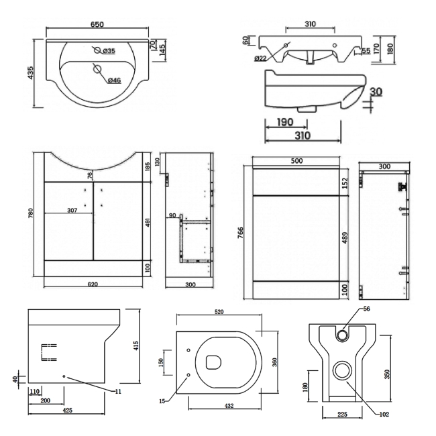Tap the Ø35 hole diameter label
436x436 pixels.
tap(110, 50)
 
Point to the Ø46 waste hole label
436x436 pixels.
tap(114, 81)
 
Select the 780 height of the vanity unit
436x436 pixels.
tap(30, 213)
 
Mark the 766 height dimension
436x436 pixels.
tap(241, 231)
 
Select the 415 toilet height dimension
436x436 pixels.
tap(135, 346)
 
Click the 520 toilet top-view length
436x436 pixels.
tap(217, 312)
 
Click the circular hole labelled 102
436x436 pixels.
tap(342, 370)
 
